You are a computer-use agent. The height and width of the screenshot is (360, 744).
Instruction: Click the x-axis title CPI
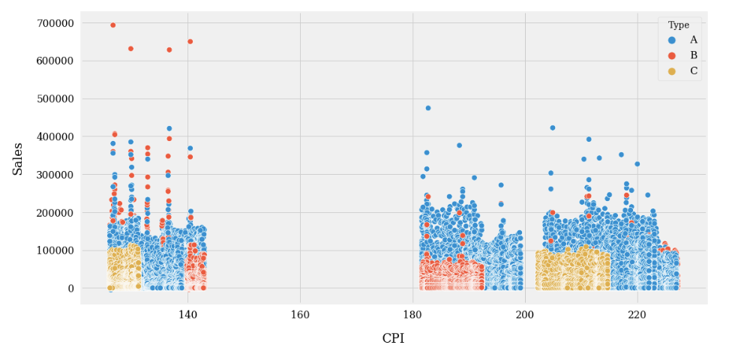point(393,338)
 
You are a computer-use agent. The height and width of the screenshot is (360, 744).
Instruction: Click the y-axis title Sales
point(18,159)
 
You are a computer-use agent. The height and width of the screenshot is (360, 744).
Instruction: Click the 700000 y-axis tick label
point(55,23)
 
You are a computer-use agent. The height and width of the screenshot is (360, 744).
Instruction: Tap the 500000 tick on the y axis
point(55,99)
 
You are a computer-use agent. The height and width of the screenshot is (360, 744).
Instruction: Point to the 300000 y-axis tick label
point(55,175)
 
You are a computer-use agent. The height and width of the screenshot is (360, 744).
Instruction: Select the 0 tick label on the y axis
point(70,289)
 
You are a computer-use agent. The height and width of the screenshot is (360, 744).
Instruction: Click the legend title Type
point(679,25)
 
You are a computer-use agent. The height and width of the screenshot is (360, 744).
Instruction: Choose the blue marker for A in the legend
point(672,40)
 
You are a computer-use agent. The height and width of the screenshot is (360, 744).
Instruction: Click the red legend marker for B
point(672,55)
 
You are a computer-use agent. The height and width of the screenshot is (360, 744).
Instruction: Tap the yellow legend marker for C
point(672,71)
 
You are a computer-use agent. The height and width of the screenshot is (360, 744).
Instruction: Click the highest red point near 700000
point(113,25)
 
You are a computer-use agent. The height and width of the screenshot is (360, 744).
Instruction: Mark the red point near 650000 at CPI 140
point(190,41)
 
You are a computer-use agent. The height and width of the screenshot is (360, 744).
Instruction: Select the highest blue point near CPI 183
point(428,108)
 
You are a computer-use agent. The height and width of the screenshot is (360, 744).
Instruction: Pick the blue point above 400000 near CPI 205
point(553,127)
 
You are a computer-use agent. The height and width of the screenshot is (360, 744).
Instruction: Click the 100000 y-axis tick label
point(55,250)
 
